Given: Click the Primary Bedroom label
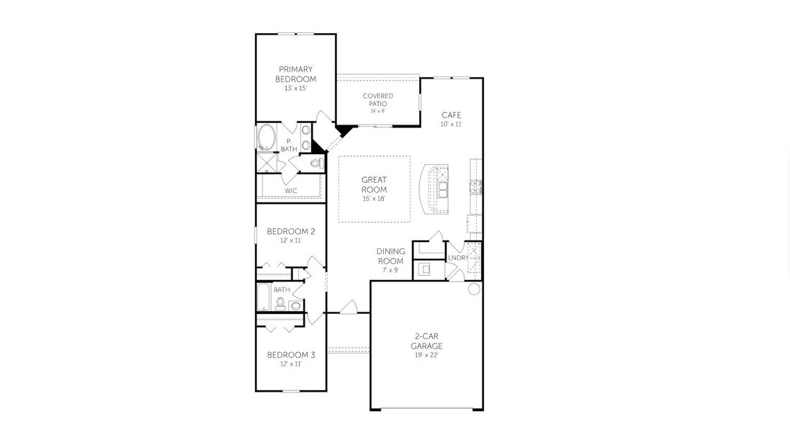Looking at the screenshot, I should (x=296, y=74).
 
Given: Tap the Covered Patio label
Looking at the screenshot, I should (x=378, y=99).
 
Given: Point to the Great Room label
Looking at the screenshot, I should (x=374, y=185).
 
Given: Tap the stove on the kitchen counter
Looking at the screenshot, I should (x=475, y=187).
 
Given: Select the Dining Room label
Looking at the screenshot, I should (x=390, y=256).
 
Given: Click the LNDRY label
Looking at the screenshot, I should (x=458, y=258).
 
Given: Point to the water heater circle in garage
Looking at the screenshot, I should (x=474, y=289).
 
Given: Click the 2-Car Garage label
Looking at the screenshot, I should (x=428, y=341).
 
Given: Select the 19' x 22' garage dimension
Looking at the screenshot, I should (x=428, y=355).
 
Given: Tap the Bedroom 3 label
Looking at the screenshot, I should (x=291, y=354).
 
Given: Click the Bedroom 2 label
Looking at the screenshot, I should (x=291, y=231).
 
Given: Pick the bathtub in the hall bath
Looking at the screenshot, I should (x=264, y=295).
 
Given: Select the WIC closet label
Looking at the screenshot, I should (x=291, y=191).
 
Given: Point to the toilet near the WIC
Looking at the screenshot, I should (x=314, y=164).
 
